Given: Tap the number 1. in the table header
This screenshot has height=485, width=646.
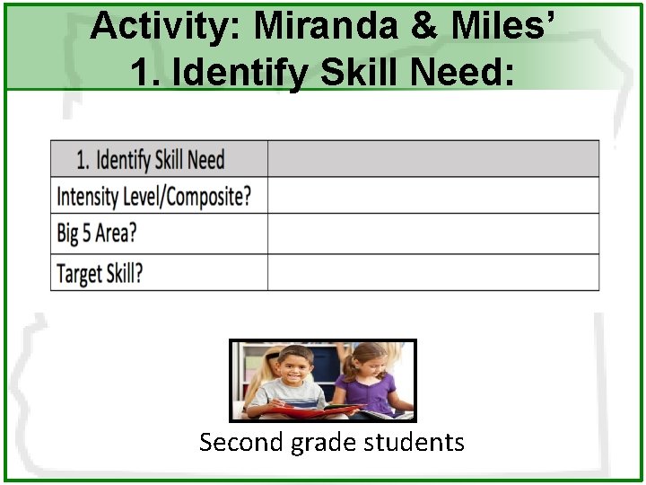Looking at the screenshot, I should (x=83, y=160).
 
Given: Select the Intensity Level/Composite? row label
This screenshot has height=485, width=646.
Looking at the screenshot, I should (x=153, y=196).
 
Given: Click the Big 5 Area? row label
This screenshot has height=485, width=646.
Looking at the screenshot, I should (x=97, y=234).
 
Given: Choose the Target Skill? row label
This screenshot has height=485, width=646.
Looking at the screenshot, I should (x=100, y=272).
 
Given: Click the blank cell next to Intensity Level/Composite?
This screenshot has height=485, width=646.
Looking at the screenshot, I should (x=433, y=195).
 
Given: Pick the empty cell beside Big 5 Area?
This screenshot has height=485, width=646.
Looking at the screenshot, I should (x=433, y=234).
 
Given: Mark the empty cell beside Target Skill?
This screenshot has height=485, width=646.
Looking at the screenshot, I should (x=433, y=272).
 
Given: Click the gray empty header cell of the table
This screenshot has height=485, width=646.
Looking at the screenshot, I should (x=433, y=159).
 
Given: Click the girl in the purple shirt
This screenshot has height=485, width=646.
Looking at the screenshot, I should (x=368, y=382).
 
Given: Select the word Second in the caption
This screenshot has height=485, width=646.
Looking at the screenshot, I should (x=241, y=443).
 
